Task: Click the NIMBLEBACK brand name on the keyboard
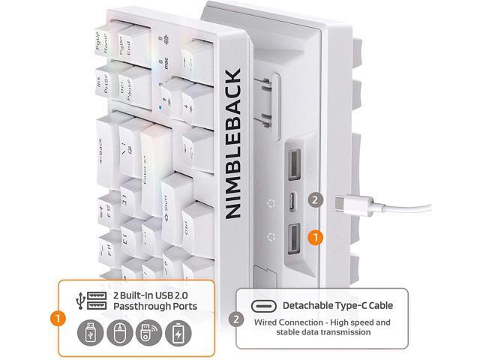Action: [x=233, y=143]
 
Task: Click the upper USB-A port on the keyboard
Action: [x=292, y=163]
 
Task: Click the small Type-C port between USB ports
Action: [x=292, y=201]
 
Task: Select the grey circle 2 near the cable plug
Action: [x=316, y=200]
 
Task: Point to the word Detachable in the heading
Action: [x=308, y=305]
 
